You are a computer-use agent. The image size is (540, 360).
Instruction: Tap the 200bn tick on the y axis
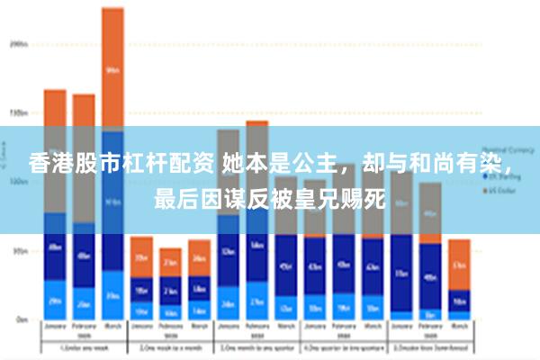click(x=18, y=42)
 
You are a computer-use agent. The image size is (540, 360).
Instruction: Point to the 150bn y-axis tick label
click(x=18, y=112)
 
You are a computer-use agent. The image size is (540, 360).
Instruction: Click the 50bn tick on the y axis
click(x=18, y=251)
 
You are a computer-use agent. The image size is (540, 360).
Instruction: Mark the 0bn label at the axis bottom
click(x=20, y=319)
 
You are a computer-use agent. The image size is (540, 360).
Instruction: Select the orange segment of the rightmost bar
click(x=459, y=264)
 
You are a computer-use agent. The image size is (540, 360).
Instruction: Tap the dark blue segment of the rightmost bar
click(x=459, y=300)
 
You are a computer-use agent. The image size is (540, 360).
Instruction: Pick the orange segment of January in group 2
click(x=141, y=256)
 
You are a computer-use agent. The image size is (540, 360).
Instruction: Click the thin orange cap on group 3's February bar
click(x=257, y=122)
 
